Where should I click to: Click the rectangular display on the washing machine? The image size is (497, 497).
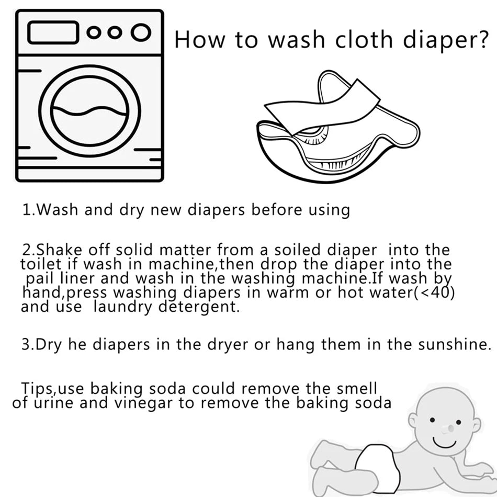tap(53, 32)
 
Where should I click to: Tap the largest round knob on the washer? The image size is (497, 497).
tap(141, 32)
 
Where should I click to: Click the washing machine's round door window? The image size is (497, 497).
tap(89, 111)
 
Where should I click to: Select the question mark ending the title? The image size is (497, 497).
tap(482, 39)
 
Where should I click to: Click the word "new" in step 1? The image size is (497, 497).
tap(166, 210)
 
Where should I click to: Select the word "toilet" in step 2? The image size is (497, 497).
tap(41, 264)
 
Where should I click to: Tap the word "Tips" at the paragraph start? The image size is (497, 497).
tap(37, 389)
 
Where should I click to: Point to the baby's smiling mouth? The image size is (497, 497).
tap(444, 443)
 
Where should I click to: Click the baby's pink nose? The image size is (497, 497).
tap(449, 429)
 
